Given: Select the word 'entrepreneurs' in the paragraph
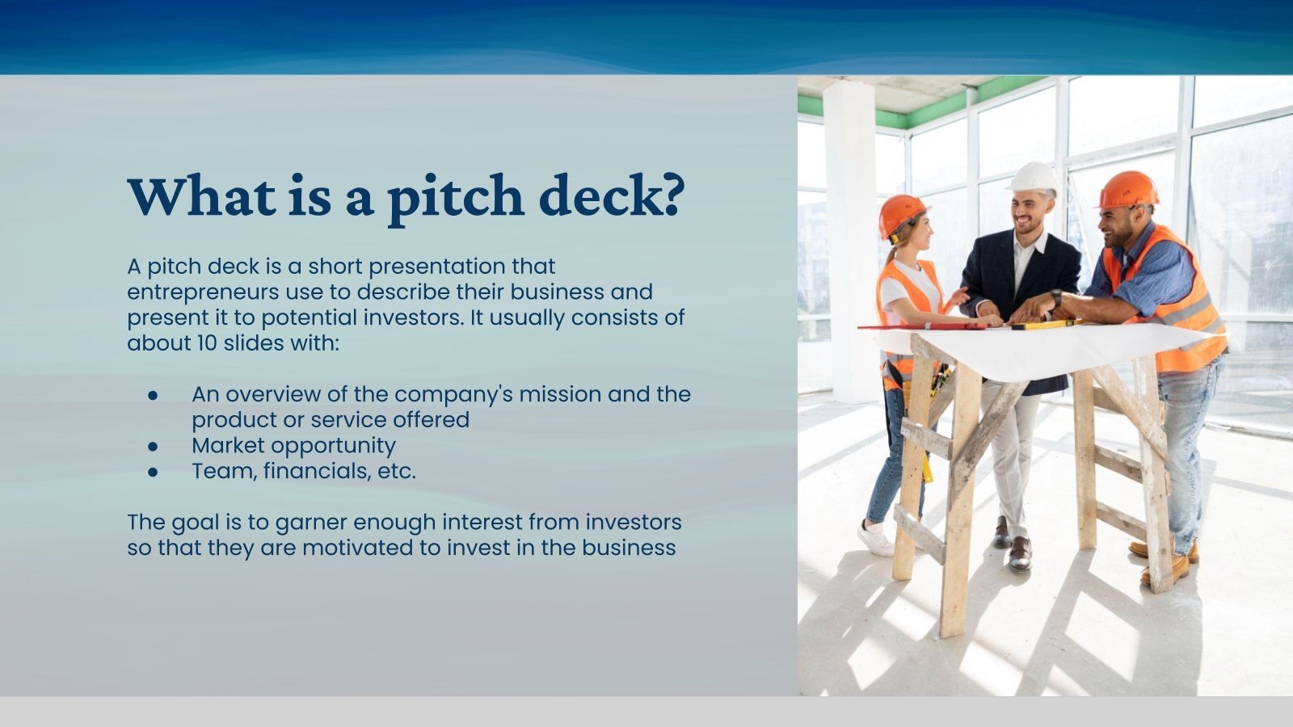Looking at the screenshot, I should pos(203,292).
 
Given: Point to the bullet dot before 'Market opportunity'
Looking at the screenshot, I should pos(153,446).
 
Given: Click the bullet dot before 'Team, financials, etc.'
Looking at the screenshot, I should pos(153,472).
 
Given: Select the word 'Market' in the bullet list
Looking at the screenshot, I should pos(227,446).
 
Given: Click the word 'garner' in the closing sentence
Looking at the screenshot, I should pos(311,523).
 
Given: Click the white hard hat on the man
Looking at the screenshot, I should pos(1034,177).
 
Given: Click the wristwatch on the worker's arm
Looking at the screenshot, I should pos(1056,297).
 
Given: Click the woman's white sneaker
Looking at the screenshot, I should pos(875,539).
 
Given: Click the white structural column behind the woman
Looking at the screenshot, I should pos(849,242).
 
